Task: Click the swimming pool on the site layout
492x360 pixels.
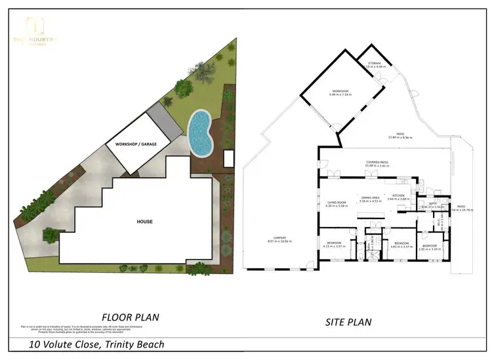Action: click(x=200, y=133)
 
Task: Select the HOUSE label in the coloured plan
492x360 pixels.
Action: click(x=144, y=222)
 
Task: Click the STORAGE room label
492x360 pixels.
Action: click(x=375, y=64)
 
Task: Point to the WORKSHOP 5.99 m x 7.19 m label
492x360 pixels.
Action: click(x=339, y=93)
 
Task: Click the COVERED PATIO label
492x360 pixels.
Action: click(x=377, y=163)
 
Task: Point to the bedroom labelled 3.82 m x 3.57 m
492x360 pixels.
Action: click(x=400, y=245)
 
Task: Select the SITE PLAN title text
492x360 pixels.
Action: click(x=348, y=322)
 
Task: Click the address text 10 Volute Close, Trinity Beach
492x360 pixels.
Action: click(x=96, y=344)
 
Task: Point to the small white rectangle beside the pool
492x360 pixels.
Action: click(x=229, y=159)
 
